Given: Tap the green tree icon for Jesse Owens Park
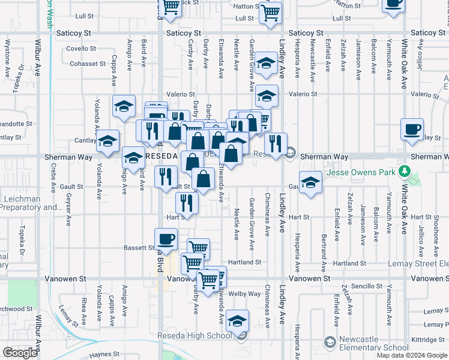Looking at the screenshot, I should pos(405,173).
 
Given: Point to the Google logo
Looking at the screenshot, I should pos(20,353).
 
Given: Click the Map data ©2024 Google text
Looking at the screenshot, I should pos(411,355).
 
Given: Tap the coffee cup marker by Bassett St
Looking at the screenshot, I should pos(166,238).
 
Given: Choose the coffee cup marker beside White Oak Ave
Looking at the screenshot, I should pos(412,128).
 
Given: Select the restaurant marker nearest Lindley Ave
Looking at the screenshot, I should pos(276,143).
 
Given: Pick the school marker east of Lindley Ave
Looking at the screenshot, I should pos(310,182).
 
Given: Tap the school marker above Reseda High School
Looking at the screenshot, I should pos(238,320).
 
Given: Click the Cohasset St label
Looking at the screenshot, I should pos(87,64).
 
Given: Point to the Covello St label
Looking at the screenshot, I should pos(81,49).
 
